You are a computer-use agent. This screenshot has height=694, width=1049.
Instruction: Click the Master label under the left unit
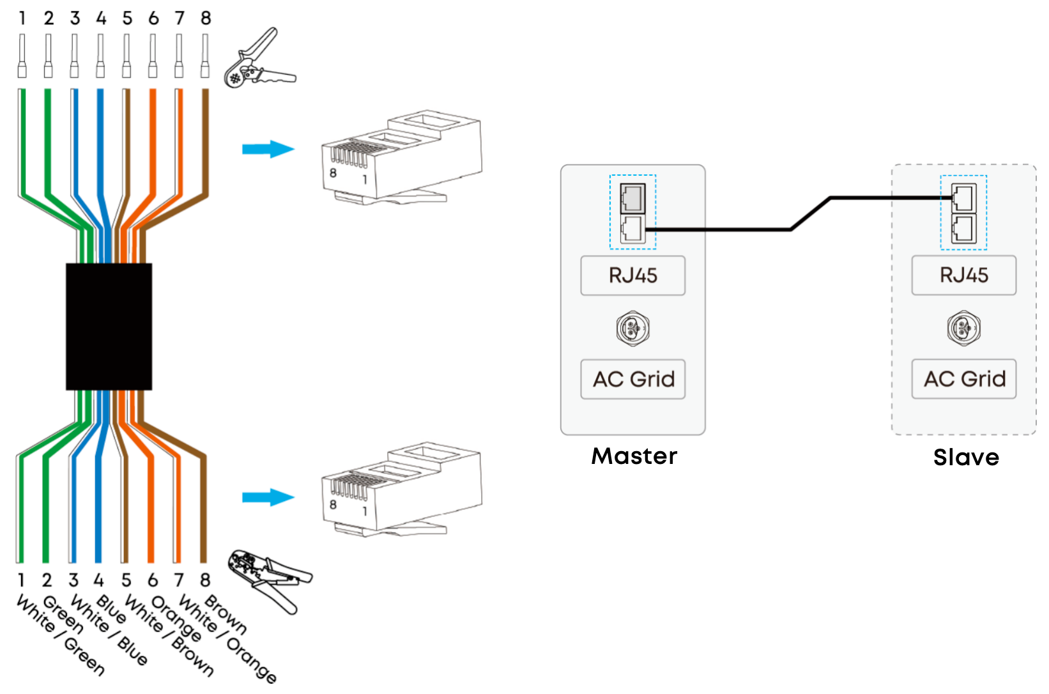point(634,456)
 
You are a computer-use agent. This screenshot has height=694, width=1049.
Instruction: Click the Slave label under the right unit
point(966,457)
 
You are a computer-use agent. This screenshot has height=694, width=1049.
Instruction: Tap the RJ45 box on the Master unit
point(632,275)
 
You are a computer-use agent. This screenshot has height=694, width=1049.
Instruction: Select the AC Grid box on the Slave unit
point(964,379)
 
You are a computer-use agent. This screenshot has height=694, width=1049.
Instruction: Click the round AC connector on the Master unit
point(632,328)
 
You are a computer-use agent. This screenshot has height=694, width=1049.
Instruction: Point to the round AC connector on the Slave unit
point(964,328)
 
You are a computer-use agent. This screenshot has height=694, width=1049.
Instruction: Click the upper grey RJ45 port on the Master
point(632,199)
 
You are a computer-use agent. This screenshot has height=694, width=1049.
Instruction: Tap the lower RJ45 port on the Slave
point(964,229)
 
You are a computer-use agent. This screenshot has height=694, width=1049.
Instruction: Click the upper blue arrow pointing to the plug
point(268,150)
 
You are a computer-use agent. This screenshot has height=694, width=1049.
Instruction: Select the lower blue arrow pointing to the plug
point(268,497)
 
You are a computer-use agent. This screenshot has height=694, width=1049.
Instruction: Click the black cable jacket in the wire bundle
point(109,327)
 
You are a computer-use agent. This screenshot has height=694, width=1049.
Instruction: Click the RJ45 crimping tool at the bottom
point(269,581)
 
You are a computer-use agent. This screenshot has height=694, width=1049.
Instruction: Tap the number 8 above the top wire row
point(206,19)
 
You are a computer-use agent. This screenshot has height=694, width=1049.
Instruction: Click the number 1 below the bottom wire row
point(21,580)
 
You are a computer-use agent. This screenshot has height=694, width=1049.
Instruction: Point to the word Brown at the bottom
point(226,613)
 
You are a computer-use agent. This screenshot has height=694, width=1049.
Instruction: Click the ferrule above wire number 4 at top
point(100,56)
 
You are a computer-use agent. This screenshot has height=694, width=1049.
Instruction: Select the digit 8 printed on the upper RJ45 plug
point(333,173)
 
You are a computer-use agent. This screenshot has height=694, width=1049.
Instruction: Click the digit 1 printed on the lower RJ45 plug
point(365,511)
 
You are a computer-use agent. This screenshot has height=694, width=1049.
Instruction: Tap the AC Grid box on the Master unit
point(632,380)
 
